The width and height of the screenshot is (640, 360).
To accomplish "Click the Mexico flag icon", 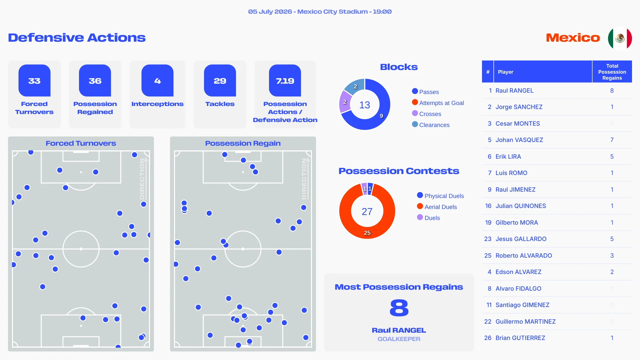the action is click(x=620, y=38).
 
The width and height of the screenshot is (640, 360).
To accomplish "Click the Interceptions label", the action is click(x=157, y=104).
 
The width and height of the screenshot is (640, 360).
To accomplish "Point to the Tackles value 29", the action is click(x=220, y=81).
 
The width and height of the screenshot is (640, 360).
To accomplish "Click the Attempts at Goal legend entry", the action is click(x=438, y=103).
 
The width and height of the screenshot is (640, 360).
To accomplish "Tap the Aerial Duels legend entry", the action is click(x=437, y=207).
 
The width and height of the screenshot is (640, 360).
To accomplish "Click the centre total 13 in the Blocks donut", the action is click(x=365, y=105).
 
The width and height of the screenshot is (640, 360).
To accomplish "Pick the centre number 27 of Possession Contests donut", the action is click(x=367, y=211).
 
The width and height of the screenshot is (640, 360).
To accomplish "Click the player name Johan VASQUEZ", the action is click(x=519, y=140).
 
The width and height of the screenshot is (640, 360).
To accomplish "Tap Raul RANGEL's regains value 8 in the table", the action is click(x=612, y=91).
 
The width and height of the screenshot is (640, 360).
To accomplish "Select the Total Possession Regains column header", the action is click(x=612, y=72).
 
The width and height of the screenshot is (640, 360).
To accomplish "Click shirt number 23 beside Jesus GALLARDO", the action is click(x=488, y=239).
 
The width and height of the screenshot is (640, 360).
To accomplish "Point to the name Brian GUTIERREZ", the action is click(x=520, y=338).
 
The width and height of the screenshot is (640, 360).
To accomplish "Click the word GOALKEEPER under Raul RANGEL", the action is click(x=399, y=339).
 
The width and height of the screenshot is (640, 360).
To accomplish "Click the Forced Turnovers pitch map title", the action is click(x=81, y=143).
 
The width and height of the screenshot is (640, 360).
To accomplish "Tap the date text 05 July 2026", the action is click(x=270, y=12).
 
